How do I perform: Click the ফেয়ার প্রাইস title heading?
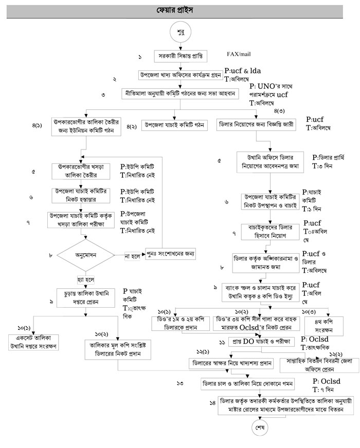point(179,10)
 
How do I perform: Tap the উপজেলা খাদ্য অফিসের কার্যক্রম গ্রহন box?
point(179,75)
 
